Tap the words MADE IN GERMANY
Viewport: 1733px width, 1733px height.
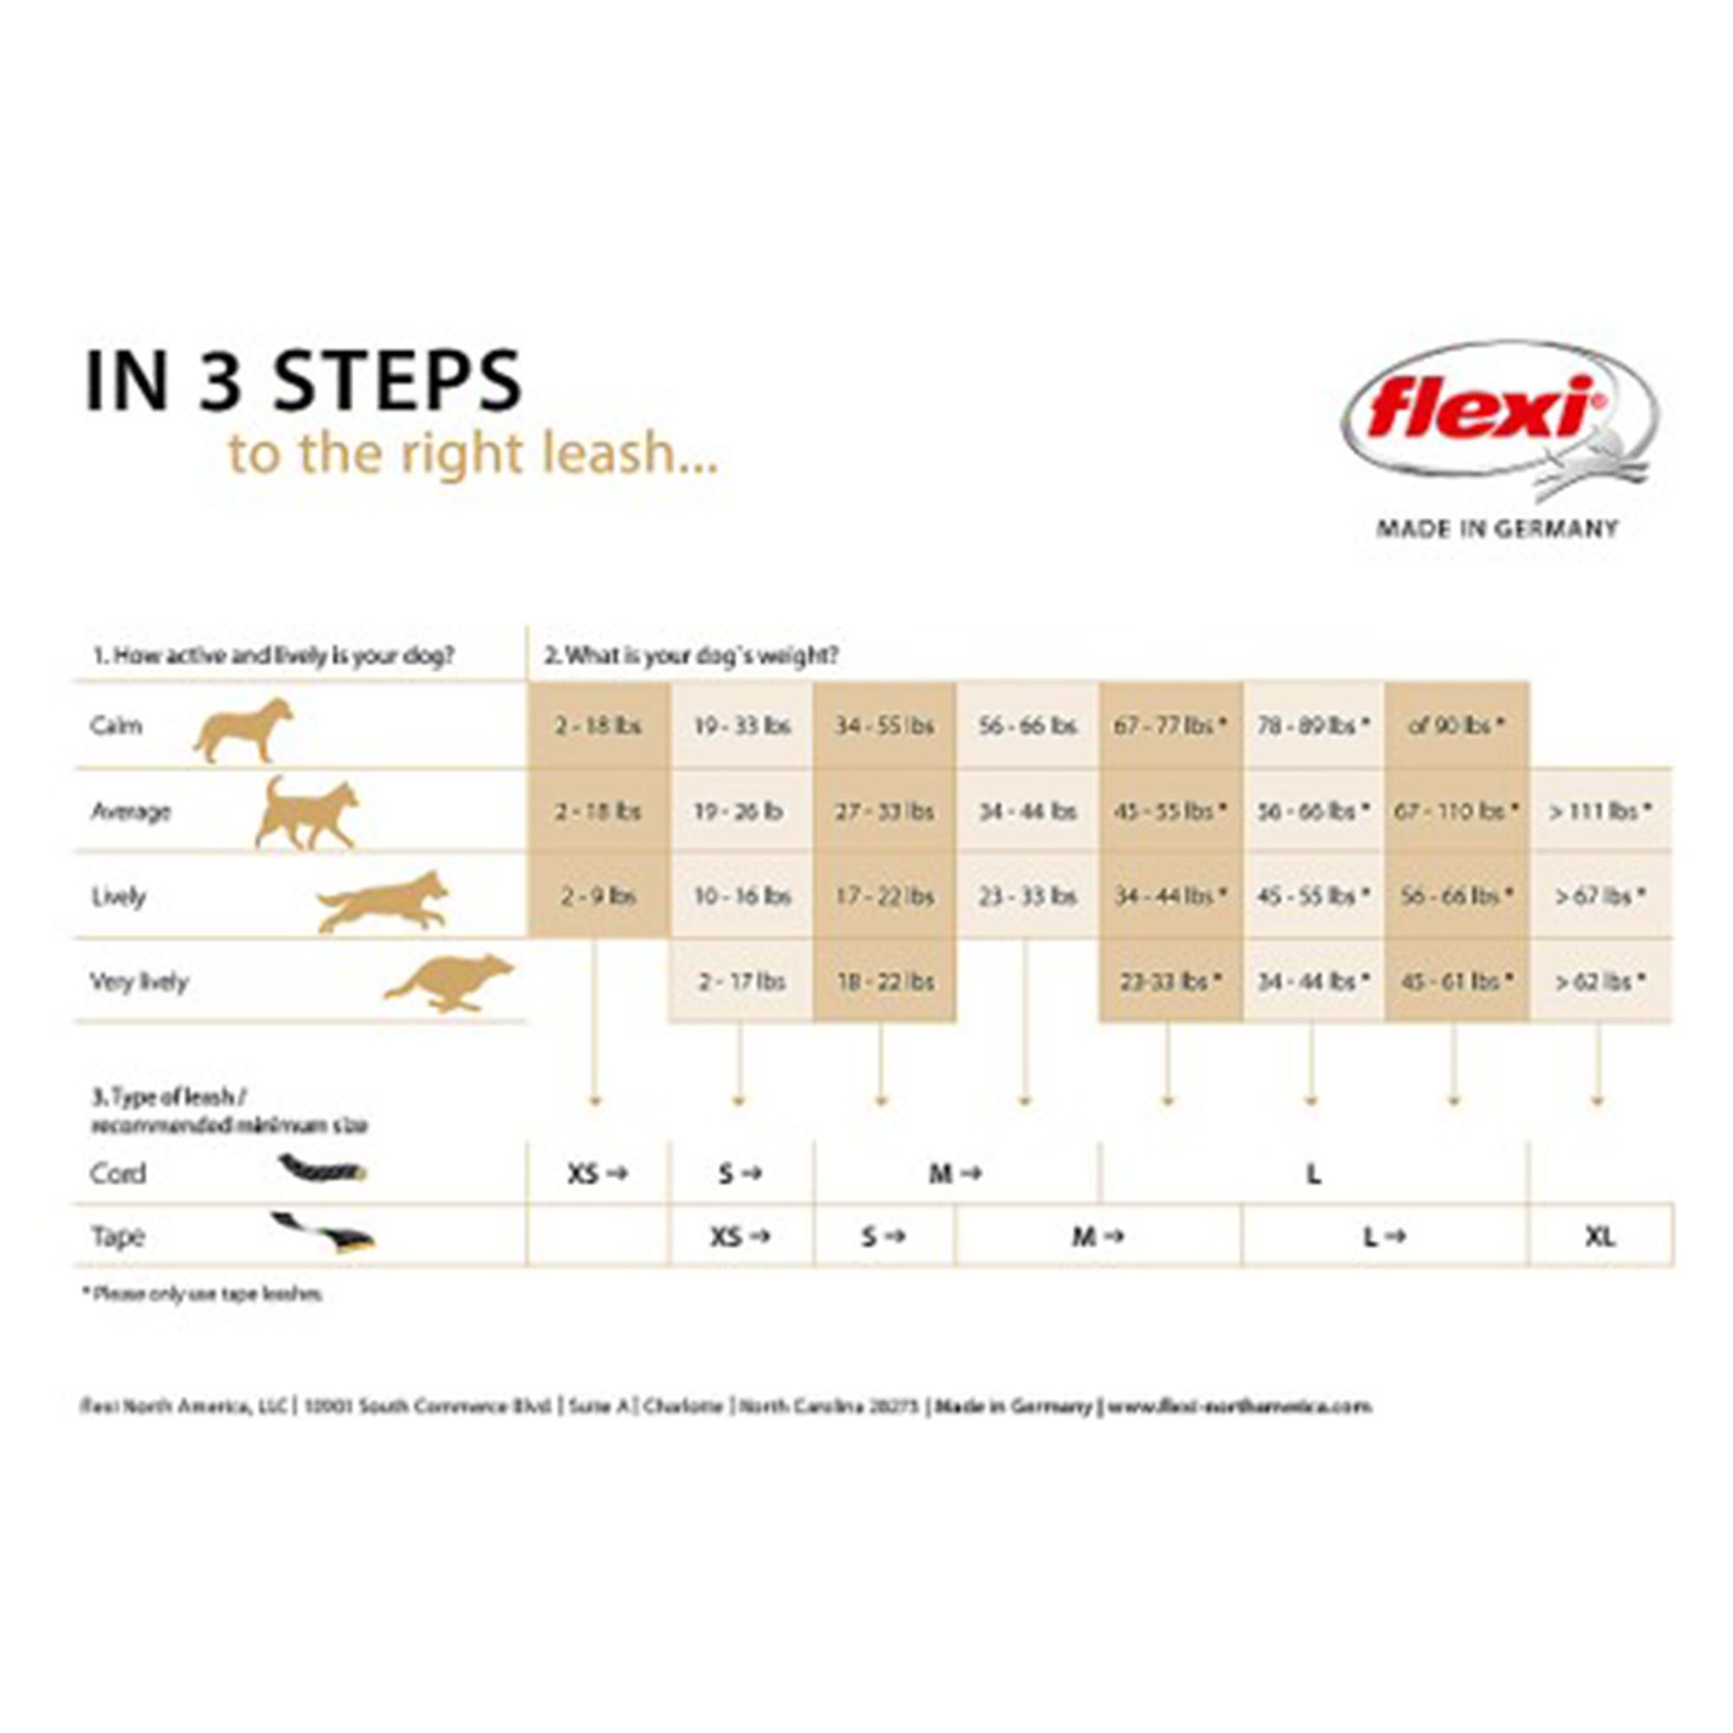coord(1497,529)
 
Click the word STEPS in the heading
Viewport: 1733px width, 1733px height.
coord(397,380)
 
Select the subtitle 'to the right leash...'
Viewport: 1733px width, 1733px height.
coord(473,453)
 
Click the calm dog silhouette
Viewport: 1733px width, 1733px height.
coord(243,730)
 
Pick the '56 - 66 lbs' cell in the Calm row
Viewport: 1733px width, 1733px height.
coord(1027,725)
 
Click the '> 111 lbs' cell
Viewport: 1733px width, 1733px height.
coord(1600,812)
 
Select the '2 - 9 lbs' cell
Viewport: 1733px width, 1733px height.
coord(598,896)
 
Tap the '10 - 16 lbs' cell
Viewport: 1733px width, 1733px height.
coord(742,896)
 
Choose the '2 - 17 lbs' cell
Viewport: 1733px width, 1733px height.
coord(742,982)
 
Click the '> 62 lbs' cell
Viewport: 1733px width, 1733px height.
coord(1600,982)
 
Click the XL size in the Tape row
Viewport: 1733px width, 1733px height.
coord(1600,1237)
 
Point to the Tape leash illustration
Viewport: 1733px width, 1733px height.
coord(323,1231)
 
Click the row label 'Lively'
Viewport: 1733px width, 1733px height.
coord(119,896)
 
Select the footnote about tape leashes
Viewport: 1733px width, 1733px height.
coord(203,1295)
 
